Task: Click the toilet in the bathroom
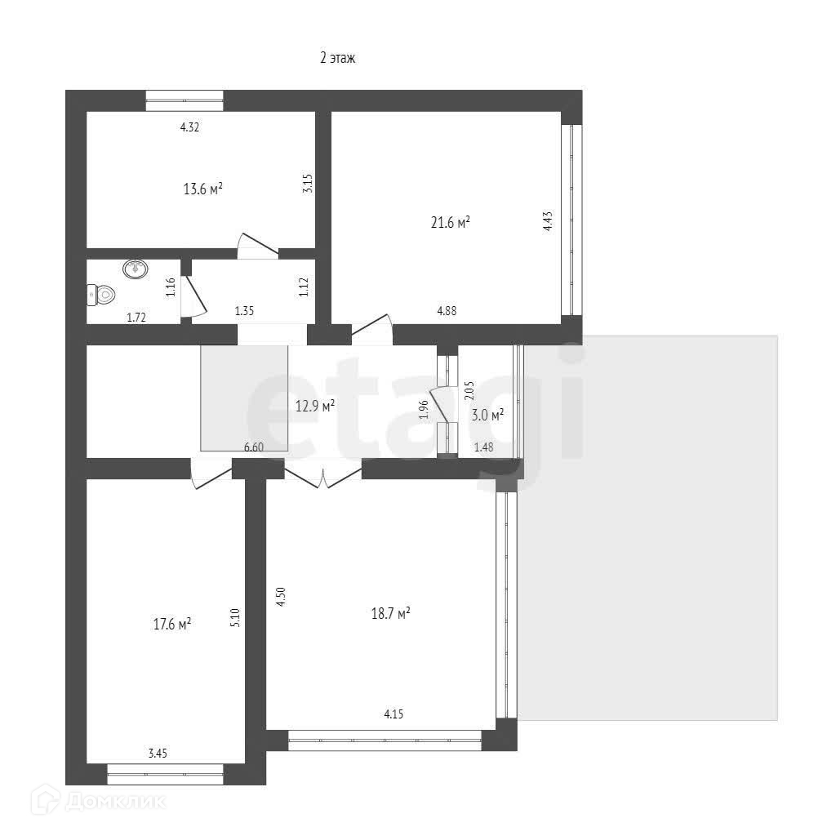pyautogui.click(x=100, y=295)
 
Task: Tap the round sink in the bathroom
pyautogui.click(x=136, y=269)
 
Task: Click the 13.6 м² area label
pyautogui.click(x=202, y=189)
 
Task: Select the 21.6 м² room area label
pyautogui.click(x=450, y=222)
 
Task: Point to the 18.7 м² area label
pyautogui.click(x=390, y=613)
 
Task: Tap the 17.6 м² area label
pyautogui.click(x=171, y=624)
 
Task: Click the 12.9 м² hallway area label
pyautogui.click(x=315, y=407)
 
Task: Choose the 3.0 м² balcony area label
pyautogui.click(x=487, y=415)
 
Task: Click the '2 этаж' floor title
pyautogui.click(x=337, y=58)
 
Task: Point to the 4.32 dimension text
pyautogui.click(x=189, y=127)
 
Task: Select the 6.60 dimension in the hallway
pyautogui.click(x=254, y=447)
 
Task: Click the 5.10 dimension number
pyautogui.click(x=235, y=617)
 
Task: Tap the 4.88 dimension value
pyautogui.click(x=447, y=311)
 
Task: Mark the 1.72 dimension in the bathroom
pyautogui.click(x=136, y=318)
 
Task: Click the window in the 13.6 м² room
pyautogui.click(x=185, y=100)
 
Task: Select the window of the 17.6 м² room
pyautogui.click(x=165, y=774)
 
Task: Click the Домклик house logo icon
pyautogui.click(x=45, y=800)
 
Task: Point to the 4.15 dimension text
pyautogui.click(x=394, y=714)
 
